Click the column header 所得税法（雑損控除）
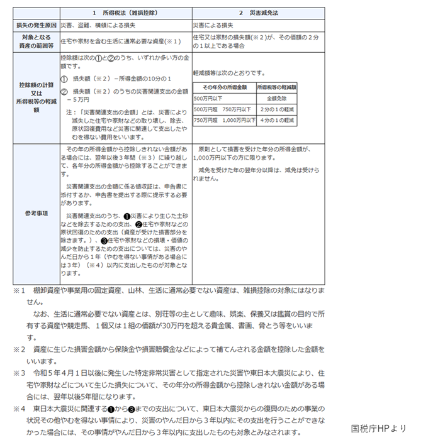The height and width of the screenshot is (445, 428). (x=125, y=13)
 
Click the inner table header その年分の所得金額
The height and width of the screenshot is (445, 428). (x=224, y=86)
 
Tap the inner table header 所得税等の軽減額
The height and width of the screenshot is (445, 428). (x=277, y=86)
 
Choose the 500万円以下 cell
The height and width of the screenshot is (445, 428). (x=208, y=98)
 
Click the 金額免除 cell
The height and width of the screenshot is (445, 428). (x=277, y=98)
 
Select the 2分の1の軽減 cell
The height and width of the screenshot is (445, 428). (x=277, y=109)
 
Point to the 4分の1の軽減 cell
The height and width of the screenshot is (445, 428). (x=277, y=119)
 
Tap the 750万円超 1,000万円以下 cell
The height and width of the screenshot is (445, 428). (x=224, y=119)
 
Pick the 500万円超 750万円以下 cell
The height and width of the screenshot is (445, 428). (x=224, y=109)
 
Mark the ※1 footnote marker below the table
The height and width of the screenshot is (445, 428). (x=18, y=292)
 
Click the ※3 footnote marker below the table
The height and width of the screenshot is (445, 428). (x=18, y=372)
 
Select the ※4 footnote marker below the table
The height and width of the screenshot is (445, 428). (x=18, y=409)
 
